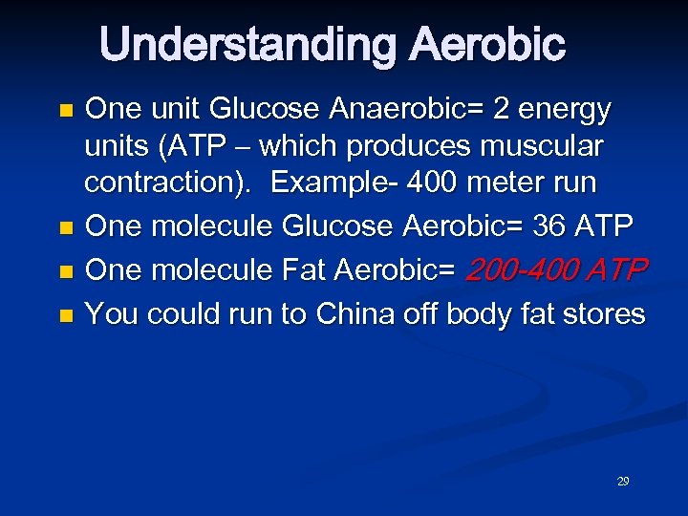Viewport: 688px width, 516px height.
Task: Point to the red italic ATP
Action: click(x=618, y=270)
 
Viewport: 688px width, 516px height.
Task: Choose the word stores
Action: click(x=600, y=313)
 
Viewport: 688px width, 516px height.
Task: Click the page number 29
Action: click(x=623, y=482)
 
